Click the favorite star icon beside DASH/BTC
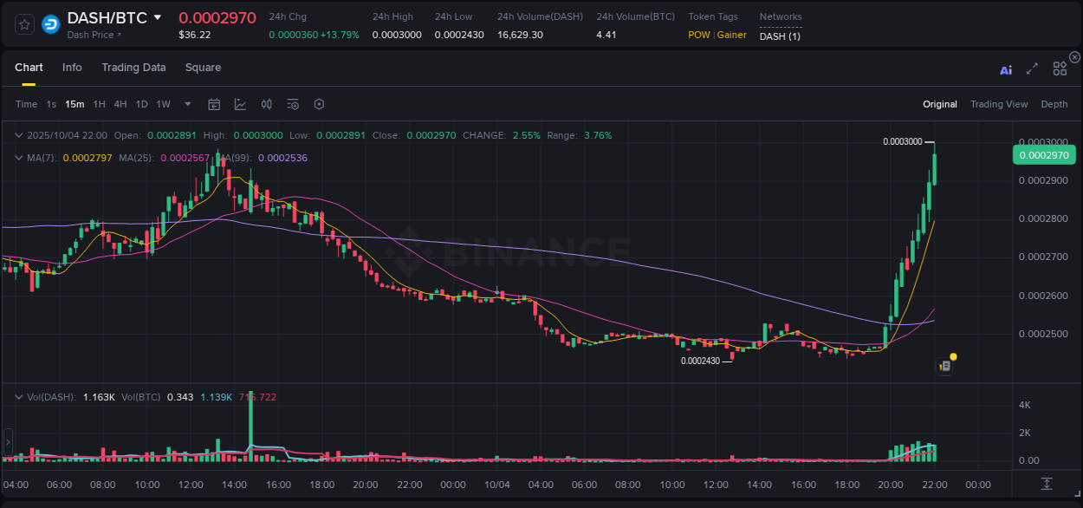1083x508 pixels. pos(25,24)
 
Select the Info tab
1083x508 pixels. pos(72,68)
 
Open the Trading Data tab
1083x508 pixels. pos(133,68)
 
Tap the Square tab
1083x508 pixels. pos(203,68)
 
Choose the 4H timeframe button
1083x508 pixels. pos(120,104)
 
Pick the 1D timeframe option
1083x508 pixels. pos(141,104)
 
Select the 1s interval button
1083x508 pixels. pos(51,104)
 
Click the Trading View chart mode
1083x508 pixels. pos(999,104)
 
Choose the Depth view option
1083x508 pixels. pos(1054,104)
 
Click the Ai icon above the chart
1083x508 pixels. pos(1006,70)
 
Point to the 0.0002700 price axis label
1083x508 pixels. pos(1043,257)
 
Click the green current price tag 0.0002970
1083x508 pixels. pos(1043,155)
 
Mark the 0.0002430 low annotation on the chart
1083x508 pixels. pos(700,361)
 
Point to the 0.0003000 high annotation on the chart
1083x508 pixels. pos(902,141)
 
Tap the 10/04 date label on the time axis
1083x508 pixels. pos(497,485)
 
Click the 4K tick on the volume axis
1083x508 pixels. pos(1024,405)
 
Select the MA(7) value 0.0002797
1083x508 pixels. pos(88,158)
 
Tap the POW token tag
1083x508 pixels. pos(698,35)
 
